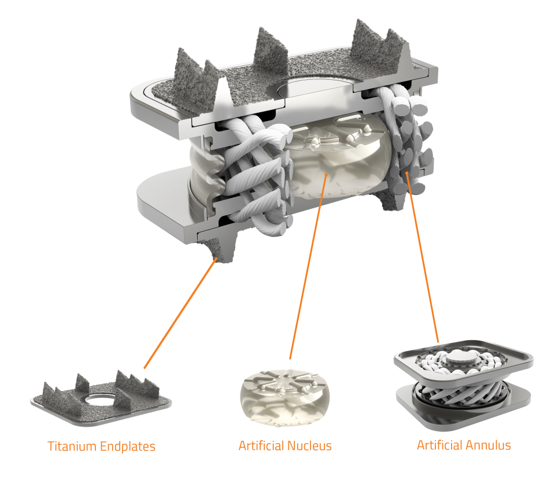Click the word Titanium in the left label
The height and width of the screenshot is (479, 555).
click(72, 446)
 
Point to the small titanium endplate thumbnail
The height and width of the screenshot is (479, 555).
click(101, 398)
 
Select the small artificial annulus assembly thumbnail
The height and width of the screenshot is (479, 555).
click(464, 386)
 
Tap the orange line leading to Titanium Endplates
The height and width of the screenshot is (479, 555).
click(180, 314)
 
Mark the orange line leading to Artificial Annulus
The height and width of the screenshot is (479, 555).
click(423, 257)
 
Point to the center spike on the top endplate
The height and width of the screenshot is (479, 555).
click(271, 48)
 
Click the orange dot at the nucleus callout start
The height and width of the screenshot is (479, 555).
click(326, 174)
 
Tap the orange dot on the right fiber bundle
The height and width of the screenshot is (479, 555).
click(408, 173)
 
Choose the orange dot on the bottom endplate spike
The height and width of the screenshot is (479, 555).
click(216, 259)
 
